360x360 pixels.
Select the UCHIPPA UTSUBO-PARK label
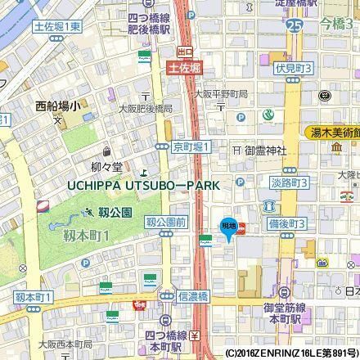(143, 186)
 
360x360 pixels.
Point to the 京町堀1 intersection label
(191, 146)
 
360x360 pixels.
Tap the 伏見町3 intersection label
(294, 68)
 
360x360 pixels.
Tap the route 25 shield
(294, 29)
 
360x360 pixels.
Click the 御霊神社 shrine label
(265, 151)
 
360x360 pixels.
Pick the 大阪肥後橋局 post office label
(146, 107)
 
